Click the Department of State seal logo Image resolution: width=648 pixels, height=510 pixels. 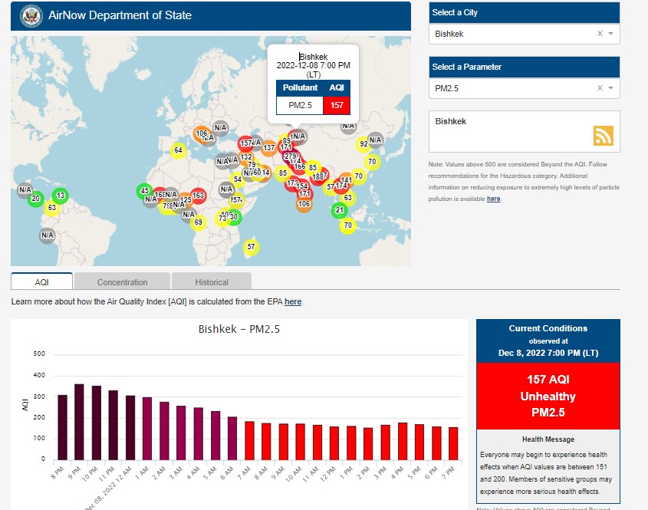pos(30,15)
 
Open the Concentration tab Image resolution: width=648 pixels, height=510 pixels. pos(123,282)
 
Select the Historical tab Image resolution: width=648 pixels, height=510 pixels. pos(211,282)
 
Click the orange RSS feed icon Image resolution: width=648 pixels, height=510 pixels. pos(604,136)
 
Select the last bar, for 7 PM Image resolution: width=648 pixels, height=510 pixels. pos(452,443)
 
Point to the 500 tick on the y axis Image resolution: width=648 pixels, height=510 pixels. pos(40,354)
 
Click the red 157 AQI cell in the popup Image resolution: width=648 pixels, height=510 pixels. pos(337,104)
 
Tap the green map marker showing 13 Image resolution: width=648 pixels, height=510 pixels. pos(61,196)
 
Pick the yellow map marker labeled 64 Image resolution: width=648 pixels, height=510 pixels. pos(178,150)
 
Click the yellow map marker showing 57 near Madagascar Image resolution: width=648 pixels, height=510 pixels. pos(251,247)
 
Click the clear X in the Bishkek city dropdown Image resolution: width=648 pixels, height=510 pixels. pos(600,34)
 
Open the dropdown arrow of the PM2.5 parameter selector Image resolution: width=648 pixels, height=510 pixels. pos(610,88)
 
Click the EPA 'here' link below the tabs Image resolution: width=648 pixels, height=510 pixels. pos(292,302)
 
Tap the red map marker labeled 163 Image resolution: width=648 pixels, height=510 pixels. pos(198,196)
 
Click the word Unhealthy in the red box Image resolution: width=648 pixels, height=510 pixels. pos(548,396)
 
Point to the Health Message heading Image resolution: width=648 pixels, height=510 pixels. pos(548,439)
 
